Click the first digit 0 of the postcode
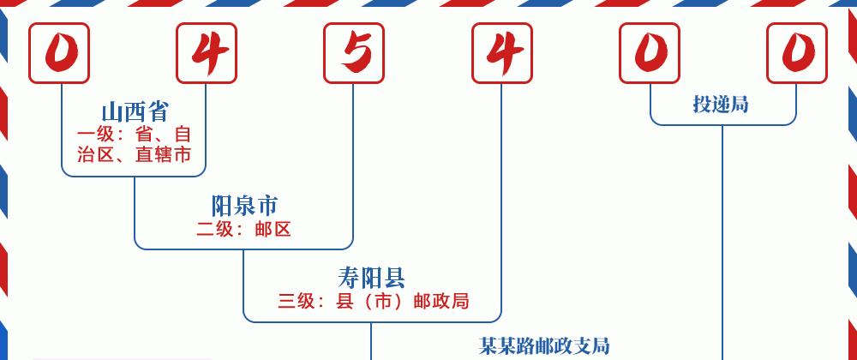click(59, 53)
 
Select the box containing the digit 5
click(354, 53)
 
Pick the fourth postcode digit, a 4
click(501, 53)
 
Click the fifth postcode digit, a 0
click(650, 53)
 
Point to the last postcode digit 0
click(796, 53)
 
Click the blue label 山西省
click(135, 112)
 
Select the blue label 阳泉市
click(244, 206)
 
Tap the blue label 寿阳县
click(372, 278)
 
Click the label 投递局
click(721, 104)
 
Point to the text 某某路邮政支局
click(544, 345)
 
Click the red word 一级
click(95, 135)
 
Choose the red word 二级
click(215, 229)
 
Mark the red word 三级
click(297, 301)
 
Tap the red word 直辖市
click(164, 154)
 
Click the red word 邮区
click(273, 229)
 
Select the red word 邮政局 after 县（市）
click(441, 301)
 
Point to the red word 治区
click(96, 154)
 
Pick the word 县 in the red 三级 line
click(345, 301)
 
